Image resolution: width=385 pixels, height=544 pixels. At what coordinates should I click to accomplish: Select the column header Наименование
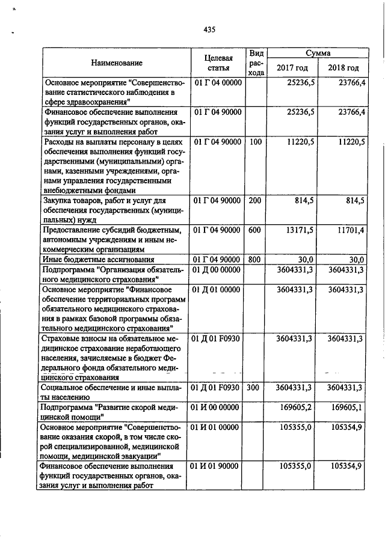coord(117,63)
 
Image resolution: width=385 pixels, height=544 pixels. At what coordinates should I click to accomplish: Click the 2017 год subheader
coord(292,68)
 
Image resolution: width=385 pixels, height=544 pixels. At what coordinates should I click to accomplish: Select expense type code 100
coord(255,142)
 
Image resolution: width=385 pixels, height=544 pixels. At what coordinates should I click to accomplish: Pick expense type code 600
coord(255,230)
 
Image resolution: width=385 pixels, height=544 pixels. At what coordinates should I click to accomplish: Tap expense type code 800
coord(255,259)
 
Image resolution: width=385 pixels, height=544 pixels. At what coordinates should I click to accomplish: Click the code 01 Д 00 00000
coord(217,270)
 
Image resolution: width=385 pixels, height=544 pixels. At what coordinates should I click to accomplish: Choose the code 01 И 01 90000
coord(217,466)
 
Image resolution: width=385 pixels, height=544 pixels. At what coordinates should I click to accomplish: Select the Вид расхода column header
coord(256,63)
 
